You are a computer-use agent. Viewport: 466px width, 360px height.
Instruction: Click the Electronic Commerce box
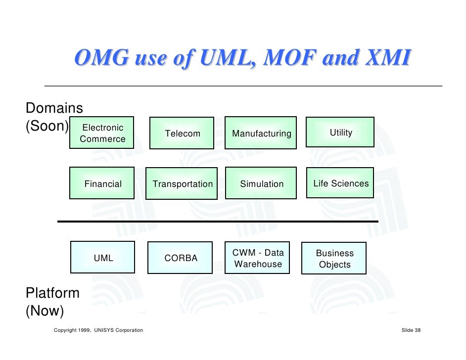tap(102, 133)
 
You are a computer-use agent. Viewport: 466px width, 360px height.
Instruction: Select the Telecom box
tap(182, 133)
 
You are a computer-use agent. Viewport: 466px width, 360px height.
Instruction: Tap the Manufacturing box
tap(261, 133)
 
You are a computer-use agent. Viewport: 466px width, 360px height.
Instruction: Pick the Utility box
tap(340, 132)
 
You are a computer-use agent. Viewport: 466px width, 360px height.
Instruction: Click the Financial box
tap(102, 183)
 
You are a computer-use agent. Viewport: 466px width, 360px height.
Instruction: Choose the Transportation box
tap(182, 183)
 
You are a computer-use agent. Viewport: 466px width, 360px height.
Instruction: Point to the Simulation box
tap(261, 183)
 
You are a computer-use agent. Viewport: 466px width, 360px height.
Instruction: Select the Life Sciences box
tap(340, 183)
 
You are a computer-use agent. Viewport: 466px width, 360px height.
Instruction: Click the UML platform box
tap(103, 257)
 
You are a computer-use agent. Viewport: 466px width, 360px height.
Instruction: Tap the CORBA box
tap(180, 258)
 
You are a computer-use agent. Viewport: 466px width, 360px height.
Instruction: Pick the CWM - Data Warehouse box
tap(258, 258)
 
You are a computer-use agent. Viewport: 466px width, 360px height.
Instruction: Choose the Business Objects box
tap(334, 258)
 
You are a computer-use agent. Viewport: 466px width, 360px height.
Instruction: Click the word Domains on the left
tap(54, 107)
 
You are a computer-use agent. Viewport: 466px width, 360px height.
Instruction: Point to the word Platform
tap(52, 293)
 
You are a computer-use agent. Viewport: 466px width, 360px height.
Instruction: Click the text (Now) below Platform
tap(45, 311)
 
